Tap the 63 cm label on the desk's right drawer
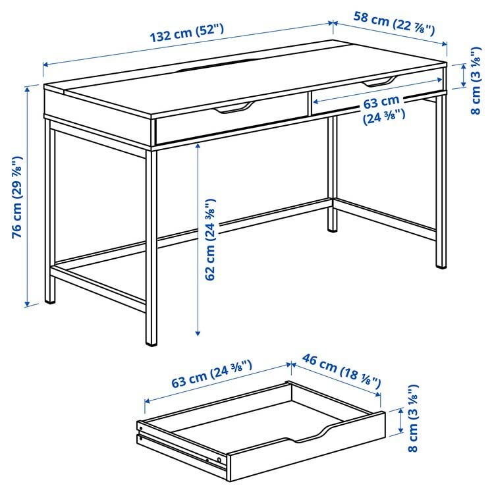pyautogui.click(x=382, y=109)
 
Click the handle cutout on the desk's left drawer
pyautogui.click(x=234, y=108)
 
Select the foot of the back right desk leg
pyautogui.click(x=441, y=265)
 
